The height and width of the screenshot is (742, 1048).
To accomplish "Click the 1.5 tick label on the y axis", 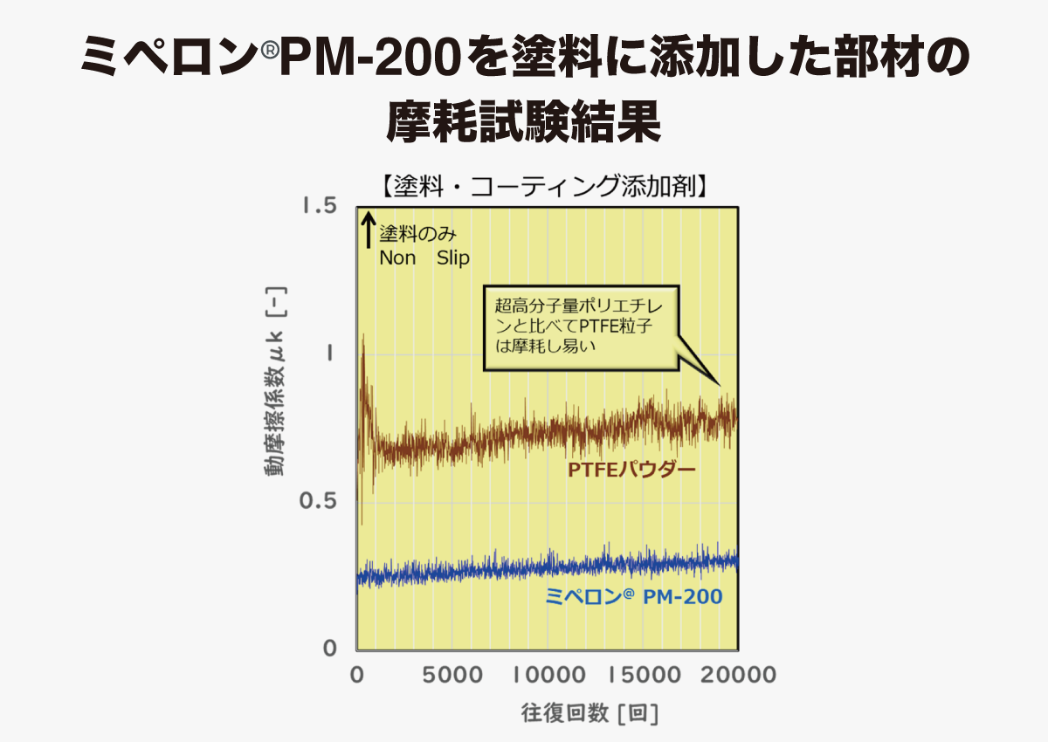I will point(319,206).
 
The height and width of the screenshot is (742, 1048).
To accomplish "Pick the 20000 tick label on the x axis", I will point(739,675).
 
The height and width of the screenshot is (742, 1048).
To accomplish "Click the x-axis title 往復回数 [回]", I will point(589,713).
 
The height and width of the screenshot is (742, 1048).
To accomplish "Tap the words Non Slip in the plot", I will point(424,258).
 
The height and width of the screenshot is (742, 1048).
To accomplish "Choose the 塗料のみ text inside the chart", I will point(417,235).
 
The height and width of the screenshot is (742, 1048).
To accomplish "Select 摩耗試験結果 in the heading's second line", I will point(523,122).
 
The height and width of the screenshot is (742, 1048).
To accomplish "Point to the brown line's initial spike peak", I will point(362,335).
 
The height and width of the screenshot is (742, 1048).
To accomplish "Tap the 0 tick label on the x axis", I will point(356,675).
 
